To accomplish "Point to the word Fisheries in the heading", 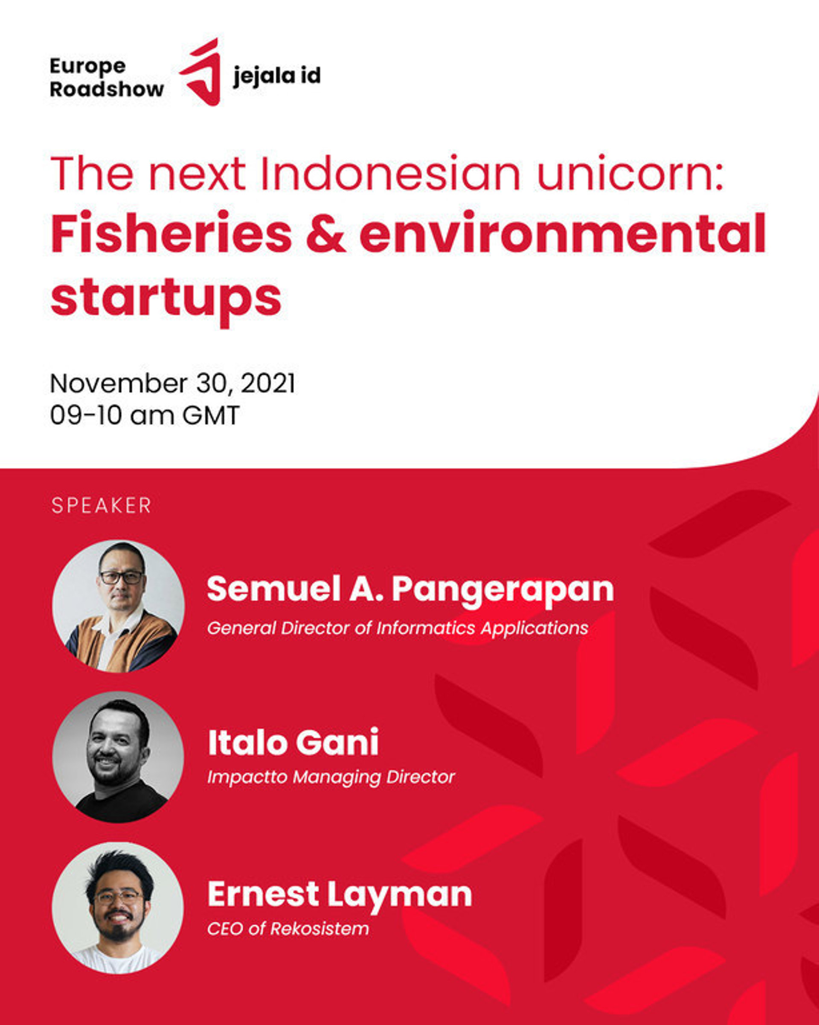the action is (x=171, y=233).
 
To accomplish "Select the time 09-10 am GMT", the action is (x=145, y=416).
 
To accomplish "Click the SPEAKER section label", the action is (x=101, y=505).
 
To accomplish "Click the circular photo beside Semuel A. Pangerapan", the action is (x=118, y=605).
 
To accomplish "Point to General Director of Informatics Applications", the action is (x=398, y=629).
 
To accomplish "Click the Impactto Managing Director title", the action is (x=331, y=777).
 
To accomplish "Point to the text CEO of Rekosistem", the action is (x=288, y=929).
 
